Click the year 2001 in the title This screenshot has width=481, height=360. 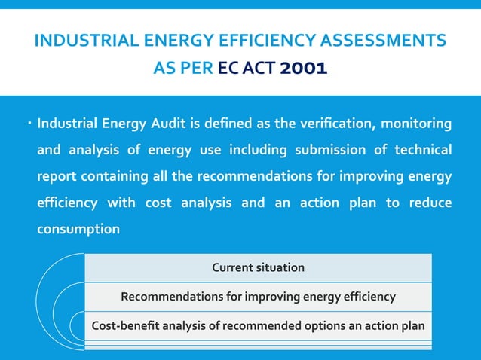(x=303, y=69)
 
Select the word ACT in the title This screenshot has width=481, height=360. (x=261, y=69)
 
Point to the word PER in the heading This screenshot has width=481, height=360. (x=198, y=69)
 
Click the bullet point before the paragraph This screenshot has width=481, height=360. (x=26, y=121)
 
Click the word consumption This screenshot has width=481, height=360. (x=78, y=229)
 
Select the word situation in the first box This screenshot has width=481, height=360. (x=280, y=267)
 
